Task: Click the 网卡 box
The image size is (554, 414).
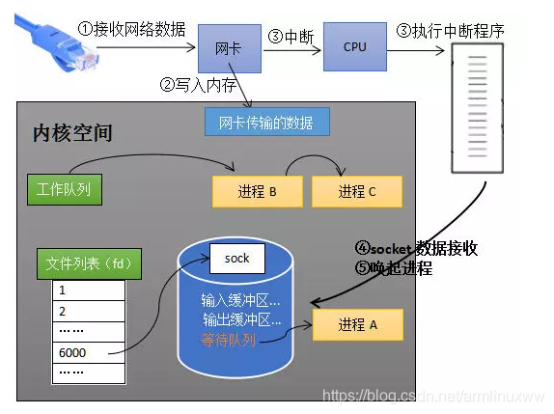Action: (x=229, y=46)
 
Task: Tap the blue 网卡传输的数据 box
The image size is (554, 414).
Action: (x=266, y=123)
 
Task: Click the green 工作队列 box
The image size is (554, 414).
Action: (x=63, y=188)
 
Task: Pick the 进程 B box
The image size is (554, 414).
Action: (x=256, y=191)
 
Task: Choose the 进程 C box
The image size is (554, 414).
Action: (x=356, y=191)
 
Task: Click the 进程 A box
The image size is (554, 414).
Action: (x=357, y=325)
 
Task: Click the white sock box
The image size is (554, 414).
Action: (x=237, y=259)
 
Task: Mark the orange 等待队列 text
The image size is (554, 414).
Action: (x=230, y=340)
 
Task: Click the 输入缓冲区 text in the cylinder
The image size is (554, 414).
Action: (x=240, y=299)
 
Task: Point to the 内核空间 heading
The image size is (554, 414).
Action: (x=72, y=131)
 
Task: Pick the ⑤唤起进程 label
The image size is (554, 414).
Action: (x=393, y=268)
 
